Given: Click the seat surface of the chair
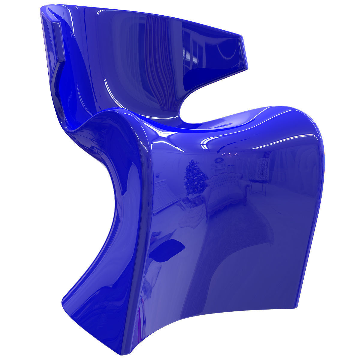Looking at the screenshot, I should coord(210,126).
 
